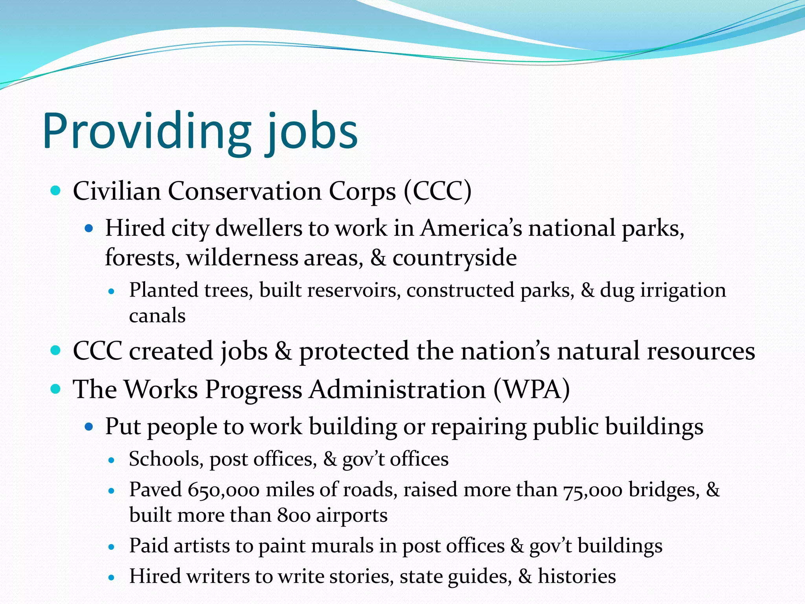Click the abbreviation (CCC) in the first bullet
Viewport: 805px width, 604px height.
437,192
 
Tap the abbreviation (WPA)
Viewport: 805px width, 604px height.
531,390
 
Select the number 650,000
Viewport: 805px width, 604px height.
223,490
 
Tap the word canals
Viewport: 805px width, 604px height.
157,316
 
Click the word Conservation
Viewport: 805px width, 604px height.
244,192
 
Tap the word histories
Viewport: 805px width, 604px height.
577,576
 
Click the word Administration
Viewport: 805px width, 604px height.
397,390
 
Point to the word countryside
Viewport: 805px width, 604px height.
454,258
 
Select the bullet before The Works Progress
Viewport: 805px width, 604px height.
56,389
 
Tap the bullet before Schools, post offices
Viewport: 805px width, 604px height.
112,460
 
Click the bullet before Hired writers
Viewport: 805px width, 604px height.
112,578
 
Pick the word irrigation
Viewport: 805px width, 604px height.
683,291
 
